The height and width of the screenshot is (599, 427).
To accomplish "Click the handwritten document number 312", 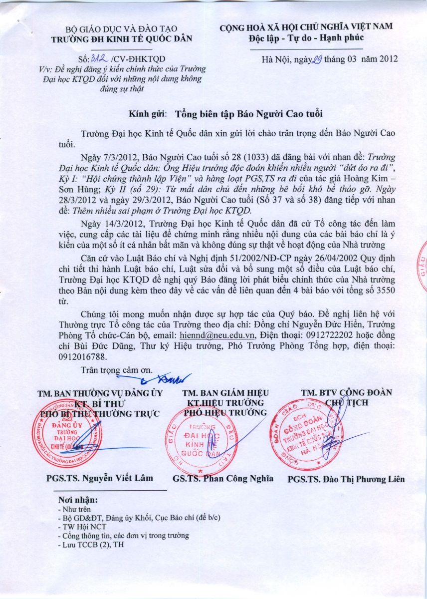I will click(101, 58).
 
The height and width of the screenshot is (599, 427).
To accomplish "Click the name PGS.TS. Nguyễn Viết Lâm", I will click(100, 478).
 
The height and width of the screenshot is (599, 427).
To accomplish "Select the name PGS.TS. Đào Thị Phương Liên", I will click(346, 479).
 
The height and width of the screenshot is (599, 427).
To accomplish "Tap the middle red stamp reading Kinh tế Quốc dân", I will click(202, 439).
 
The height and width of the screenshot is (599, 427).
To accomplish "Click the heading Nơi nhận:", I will click(78, 500).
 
